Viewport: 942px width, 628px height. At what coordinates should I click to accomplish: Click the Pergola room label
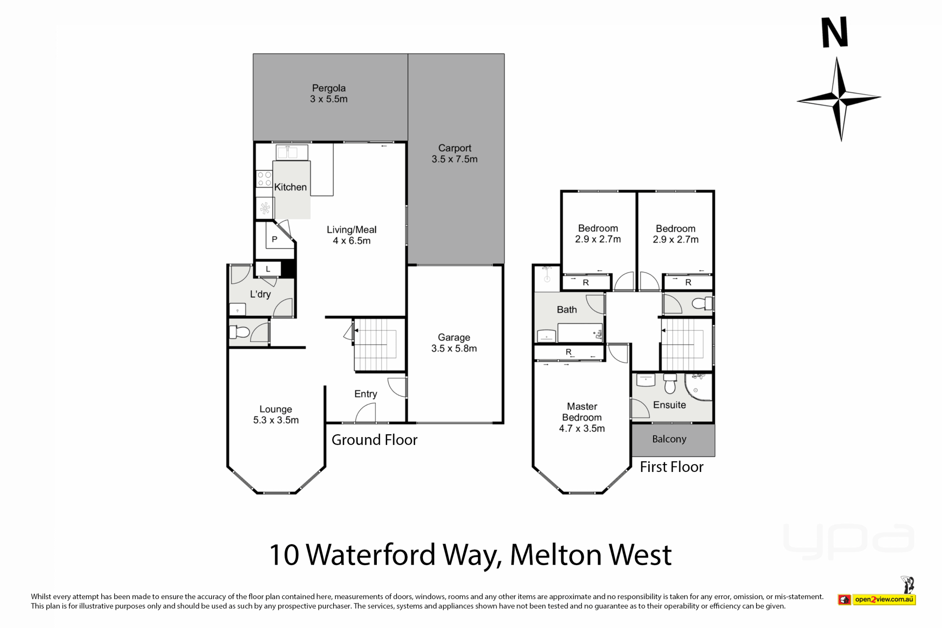click(329, 88)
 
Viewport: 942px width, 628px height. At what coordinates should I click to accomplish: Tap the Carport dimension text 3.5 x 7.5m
click(454, 159)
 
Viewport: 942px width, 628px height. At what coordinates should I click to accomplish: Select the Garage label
click(454, 338)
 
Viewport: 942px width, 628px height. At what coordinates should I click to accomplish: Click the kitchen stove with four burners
click(264, 179)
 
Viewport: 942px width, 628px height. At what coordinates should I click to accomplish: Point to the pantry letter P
click(275, 239)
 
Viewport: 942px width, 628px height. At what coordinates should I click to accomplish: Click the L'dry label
click(260, 294)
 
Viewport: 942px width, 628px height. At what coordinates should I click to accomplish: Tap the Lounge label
click(276, 409)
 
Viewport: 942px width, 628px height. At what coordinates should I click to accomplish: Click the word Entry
click(366, 394)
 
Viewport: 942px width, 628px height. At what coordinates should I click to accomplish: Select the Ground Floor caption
click(374, 440)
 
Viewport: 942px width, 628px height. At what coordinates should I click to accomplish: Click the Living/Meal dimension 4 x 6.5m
click(352, 240)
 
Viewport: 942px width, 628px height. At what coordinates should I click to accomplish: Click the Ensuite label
click(669, 405)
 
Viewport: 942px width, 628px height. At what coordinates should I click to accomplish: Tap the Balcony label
click(669, 439)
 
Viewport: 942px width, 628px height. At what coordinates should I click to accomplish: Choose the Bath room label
click(567, 310)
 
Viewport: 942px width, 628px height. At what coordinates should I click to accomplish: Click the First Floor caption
click(672, 467)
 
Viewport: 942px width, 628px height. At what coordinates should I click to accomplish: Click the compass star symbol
click(839, 99)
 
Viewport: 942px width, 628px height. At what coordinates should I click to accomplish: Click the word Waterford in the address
click(371, 555)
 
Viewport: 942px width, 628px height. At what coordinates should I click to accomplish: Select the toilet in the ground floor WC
click(239, 333)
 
